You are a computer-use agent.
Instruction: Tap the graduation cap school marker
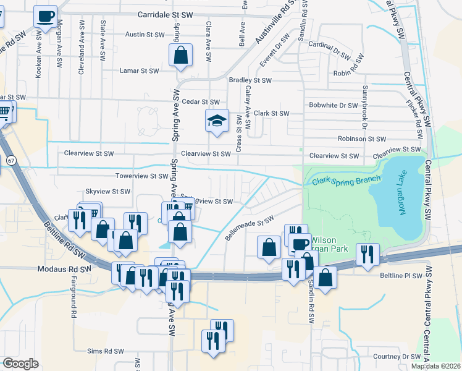click(x=217, y=121)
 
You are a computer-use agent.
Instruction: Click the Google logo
click(x=20, y=363)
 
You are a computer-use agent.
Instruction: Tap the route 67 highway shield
click(x=11, y=161)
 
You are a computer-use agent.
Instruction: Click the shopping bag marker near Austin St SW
click(x=180, y=56)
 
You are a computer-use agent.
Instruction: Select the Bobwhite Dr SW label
click(x=334, y=105)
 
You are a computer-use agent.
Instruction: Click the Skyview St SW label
click(x=108, y=192)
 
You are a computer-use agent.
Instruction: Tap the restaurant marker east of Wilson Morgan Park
click(x=367, y=255)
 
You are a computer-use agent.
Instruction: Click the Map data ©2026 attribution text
click(x=436, y=366)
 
